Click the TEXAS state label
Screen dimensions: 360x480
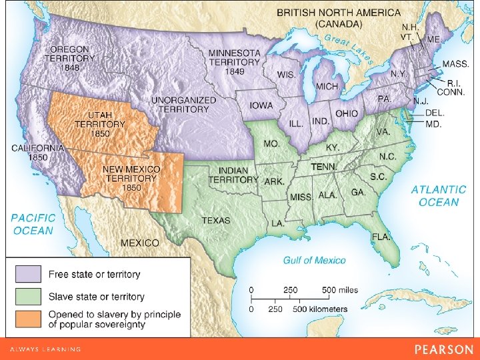click(x=215, y=221)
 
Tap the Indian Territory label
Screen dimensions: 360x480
click(x=233, y=175)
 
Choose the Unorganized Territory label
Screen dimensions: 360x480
click(x=183, y=105)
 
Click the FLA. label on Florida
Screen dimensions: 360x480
click(x=381, y=237)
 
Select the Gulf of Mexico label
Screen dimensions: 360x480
click(x=314, y=260)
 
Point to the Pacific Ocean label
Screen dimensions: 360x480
click(x=32, y=224)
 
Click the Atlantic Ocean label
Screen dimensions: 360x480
click(x=438, y=196)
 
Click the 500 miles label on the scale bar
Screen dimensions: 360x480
click(x=340, y=290)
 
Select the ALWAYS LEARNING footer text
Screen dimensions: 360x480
click(x=45, y=349)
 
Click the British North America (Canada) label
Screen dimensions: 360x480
click(x=339, y=18)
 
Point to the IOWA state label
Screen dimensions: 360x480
click(x=261, y=105)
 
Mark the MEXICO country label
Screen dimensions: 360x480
click(x=139, y=243)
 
